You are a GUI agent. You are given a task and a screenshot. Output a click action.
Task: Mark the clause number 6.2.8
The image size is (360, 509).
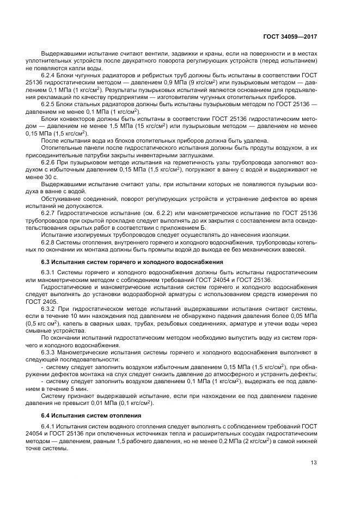(x=49, y=242)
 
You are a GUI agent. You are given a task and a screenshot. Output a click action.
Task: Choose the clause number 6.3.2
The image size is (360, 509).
(x=49, y=308)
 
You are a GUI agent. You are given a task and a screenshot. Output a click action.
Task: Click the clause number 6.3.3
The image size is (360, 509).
(x=49, y=351)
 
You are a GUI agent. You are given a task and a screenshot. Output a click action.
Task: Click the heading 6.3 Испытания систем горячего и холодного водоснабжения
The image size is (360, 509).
(x=131, y=262)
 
